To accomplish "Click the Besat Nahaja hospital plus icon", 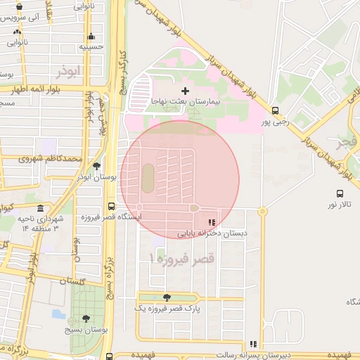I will pos(185,91).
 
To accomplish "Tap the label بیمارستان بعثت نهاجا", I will pos(186,102).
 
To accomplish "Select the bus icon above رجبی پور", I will pos(275,110).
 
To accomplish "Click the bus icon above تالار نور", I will pos(340,194).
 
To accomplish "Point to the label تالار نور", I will pos(338,205).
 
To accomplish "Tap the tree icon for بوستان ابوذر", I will pos(96,166).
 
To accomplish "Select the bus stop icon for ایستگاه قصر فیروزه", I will pos(111,207).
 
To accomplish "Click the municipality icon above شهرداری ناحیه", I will pos(39,209).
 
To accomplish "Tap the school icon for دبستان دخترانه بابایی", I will pos(212,222).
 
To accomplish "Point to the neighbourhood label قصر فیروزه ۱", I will pos(181,259).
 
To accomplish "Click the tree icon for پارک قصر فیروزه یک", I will pos(167,297).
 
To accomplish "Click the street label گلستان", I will pos(72,281).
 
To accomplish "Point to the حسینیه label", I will pos(91,47).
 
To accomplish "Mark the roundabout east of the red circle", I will pos(262,210).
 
